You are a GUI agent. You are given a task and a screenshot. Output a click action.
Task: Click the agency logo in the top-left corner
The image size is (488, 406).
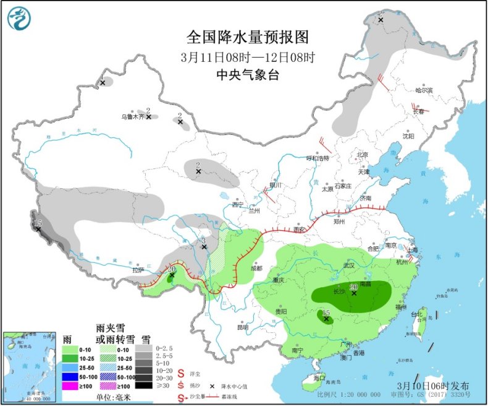(x=19, y=19)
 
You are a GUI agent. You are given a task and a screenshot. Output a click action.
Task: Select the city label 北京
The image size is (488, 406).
(x=362, y=155)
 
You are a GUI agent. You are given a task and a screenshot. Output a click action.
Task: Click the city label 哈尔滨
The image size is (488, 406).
(x=424, y=90)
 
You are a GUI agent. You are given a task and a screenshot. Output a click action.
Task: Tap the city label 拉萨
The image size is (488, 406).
(x=137, y=270)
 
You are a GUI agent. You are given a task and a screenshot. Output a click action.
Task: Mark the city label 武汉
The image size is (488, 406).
(x=349, y=266)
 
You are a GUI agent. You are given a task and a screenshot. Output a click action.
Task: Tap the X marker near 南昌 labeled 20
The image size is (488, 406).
(x=354, y=293)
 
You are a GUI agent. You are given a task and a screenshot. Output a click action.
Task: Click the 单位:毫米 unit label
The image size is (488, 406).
(x=117, y=397)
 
